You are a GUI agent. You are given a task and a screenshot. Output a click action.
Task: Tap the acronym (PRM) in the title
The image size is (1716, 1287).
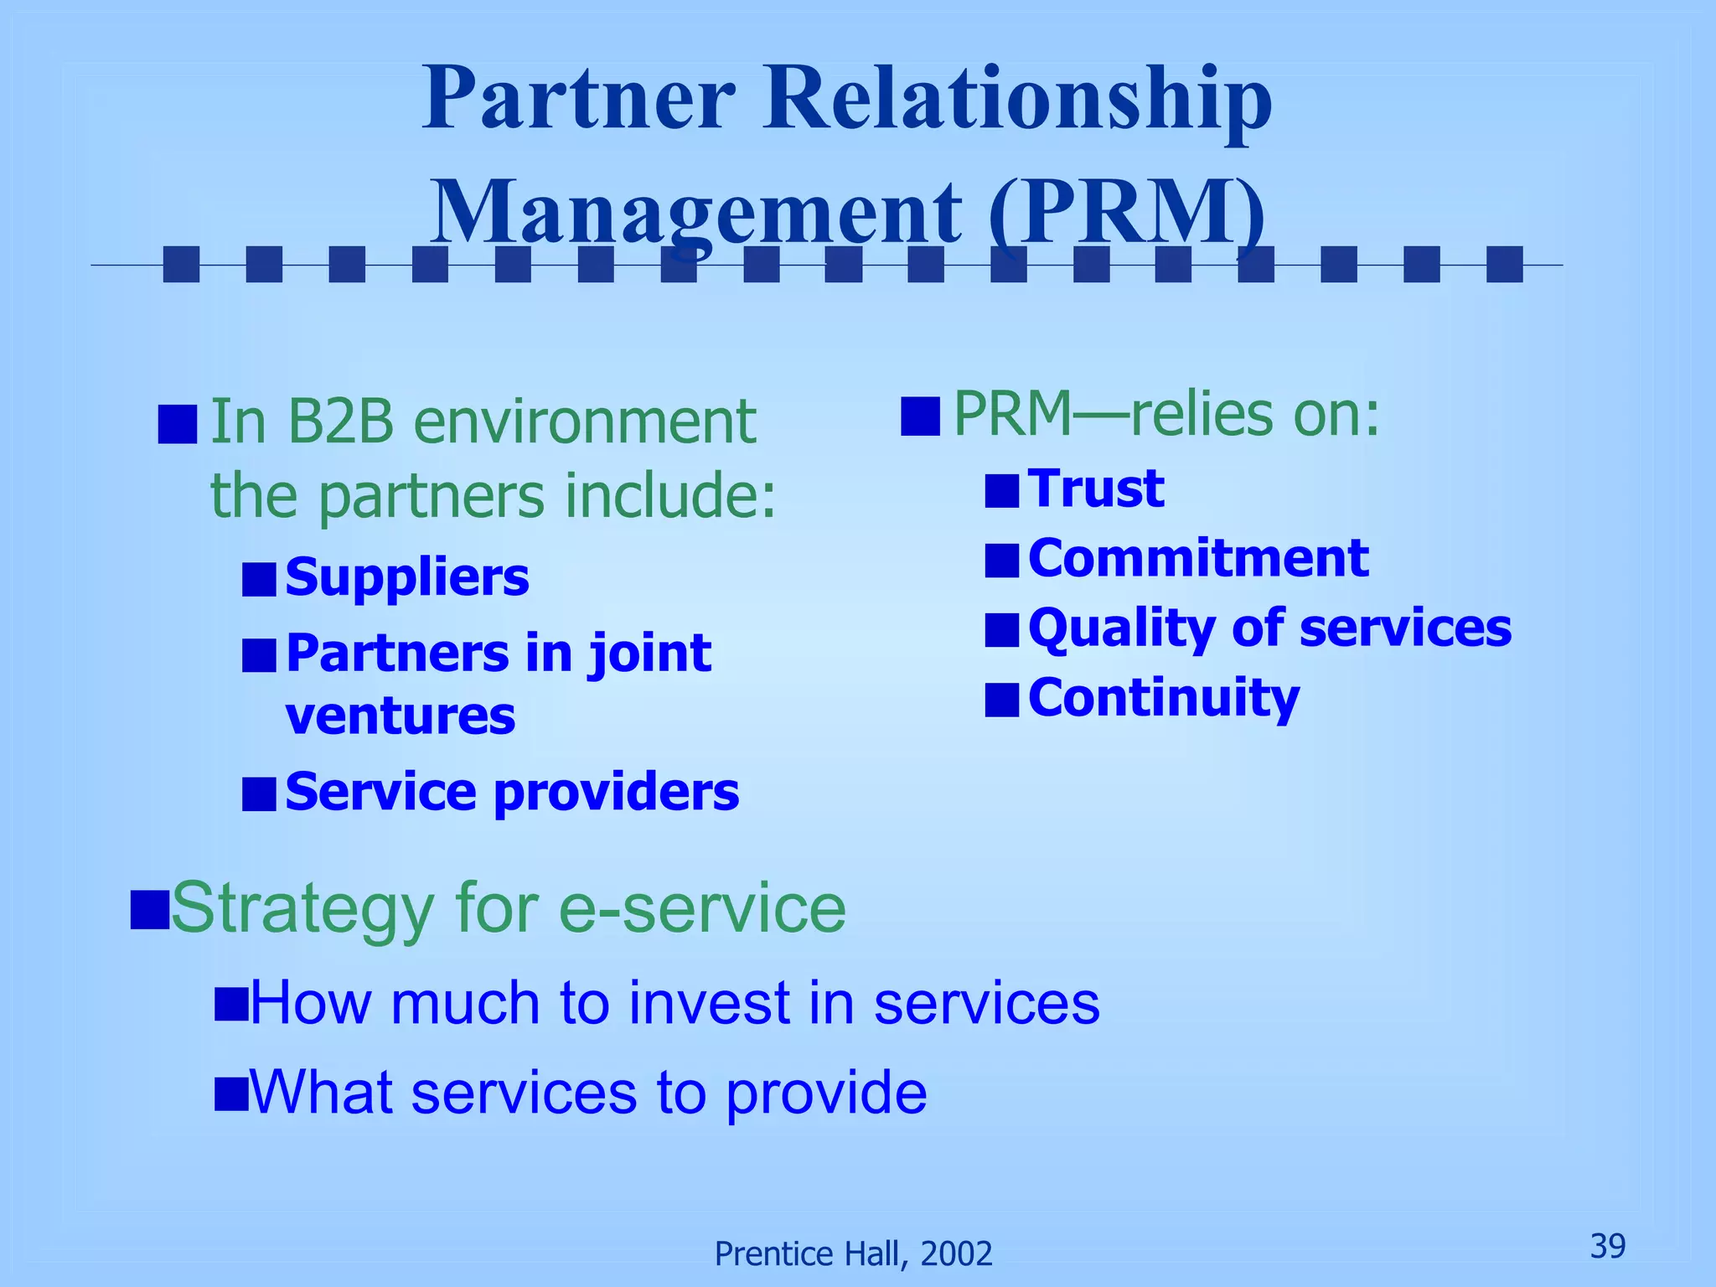(1127, 212)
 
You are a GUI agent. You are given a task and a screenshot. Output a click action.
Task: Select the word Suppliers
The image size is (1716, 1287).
(407, 577)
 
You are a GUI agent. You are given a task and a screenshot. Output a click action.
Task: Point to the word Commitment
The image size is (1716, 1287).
(1198, 558)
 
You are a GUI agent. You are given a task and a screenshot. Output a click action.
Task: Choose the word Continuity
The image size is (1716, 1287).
(1164, 698)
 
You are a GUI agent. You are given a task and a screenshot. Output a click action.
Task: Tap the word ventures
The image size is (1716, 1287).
(401, 716)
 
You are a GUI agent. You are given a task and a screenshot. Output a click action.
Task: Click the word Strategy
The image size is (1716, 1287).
(302, 910)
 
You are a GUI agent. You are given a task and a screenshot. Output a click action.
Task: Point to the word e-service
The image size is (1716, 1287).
(702, 908)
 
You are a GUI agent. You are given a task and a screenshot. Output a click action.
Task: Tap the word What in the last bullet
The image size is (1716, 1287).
(322, 1093)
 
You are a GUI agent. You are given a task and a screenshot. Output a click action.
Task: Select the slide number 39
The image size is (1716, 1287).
(1607, 1246)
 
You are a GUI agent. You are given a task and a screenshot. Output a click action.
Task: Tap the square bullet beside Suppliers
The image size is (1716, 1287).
(259, 579)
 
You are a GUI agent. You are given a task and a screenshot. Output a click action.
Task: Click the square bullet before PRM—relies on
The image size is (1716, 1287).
(919, 416)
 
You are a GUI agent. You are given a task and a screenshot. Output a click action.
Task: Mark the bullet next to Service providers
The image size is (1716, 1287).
(259, 793)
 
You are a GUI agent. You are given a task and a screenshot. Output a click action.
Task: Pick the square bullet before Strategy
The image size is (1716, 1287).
(150, 910)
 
